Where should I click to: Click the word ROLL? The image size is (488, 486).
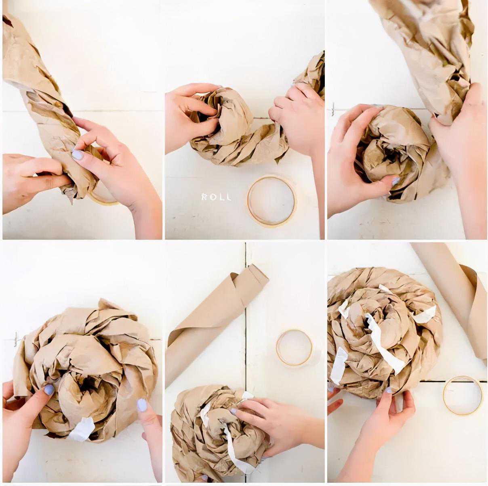pyautogui.click(x=216, y=197)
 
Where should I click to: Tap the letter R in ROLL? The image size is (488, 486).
pyautogui.click(x=204, y=197)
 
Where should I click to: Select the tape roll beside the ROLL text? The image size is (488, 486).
pyautogui.click(x=272, y=201)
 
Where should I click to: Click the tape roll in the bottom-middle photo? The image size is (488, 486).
pyautogui.click(x=294, y=348)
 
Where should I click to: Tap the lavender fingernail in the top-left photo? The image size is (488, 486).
pyautogui.click(x=78, y=154)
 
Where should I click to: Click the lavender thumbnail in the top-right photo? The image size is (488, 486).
pyautogui.click(x=396, y=180)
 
